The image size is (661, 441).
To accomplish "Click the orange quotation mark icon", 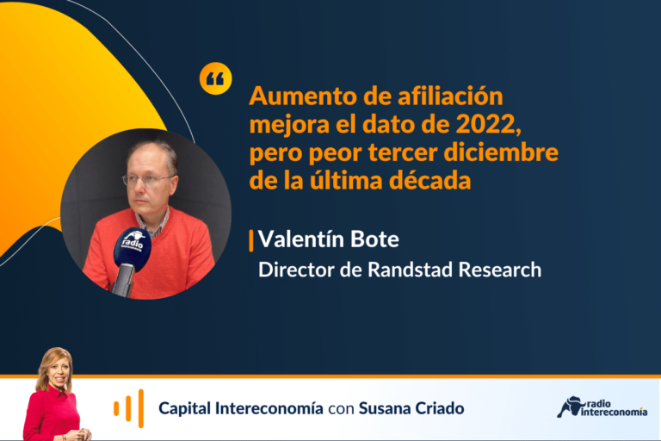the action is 215,78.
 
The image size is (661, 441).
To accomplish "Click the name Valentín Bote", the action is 329,239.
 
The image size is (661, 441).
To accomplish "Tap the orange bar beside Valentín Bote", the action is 251,241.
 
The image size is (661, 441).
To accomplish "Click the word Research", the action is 500,270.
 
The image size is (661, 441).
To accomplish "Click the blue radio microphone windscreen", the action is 132,249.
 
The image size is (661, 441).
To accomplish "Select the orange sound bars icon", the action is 128,408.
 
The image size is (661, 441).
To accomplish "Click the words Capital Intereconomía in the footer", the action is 241,408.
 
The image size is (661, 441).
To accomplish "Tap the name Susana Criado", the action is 411,408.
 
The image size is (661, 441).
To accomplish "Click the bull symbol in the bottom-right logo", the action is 570,407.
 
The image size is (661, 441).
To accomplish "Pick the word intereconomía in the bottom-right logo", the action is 615,412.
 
